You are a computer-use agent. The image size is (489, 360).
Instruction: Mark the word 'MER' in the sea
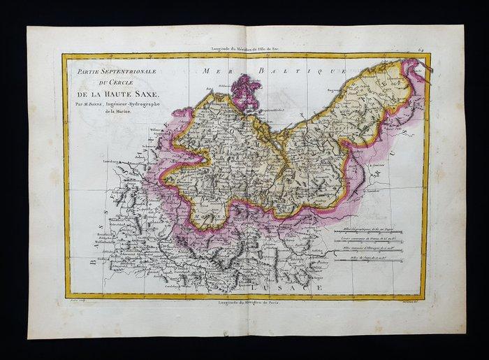212,71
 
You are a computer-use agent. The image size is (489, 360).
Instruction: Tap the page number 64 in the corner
434,48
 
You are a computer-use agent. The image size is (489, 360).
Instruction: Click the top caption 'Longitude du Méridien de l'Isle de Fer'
246,48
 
